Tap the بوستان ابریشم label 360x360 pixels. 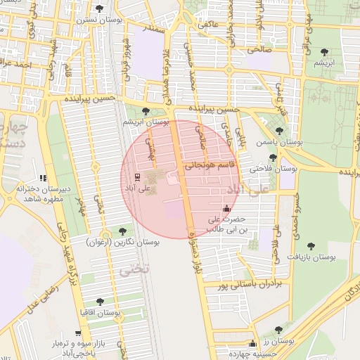[x=146, y=122]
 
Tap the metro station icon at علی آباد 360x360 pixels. [x=137, y=176]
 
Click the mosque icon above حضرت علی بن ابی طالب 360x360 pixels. [x=226, y=208]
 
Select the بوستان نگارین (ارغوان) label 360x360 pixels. [x=123, y=242]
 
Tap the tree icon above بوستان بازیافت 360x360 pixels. [x=311, y=246]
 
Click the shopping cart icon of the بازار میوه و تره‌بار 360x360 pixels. [x=76, y=334]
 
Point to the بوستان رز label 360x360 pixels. [x=278, y=340]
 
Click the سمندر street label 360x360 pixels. [x=153, y=29]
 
